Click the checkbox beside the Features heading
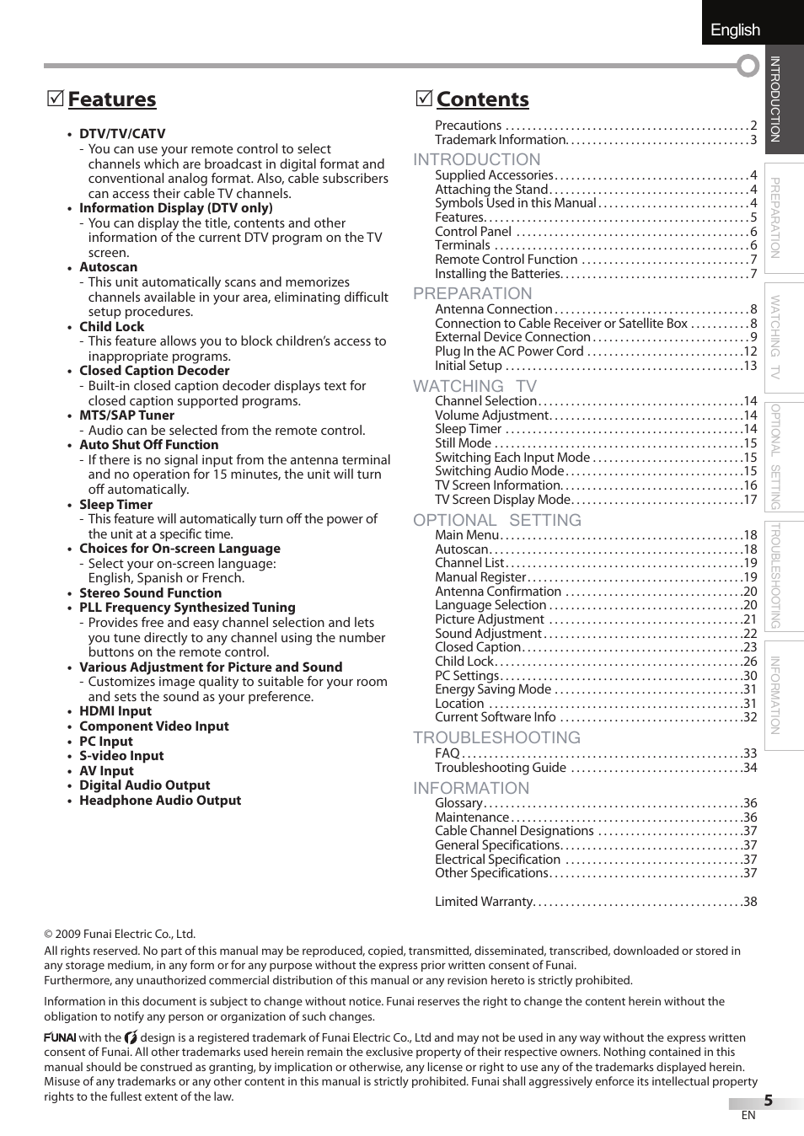[x=55, y=99]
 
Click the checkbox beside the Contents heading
[x=424, y=99]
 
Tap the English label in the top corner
[x=735, y=29]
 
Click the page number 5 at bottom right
[x=768, y=1101]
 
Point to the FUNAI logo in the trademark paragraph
[x=60, y=1038]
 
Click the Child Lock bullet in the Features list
[x=111, y=327]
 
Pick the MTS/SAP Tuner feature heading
[x=126, y=415]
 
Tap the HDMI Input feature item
[x=115, y=711]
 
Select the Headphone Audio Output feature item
[x=160, y=801]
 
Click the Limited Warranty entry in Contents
[x=484, y=902]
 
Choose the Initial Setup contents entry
[x=468, y=366]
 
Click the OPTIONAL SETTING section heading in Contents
[x=497, y=520]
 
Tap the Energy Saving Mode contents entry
[x=493, y=689]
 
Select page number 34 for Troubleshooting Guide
[x=749, y=768]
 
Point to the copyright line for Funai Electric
[x=120, y=934]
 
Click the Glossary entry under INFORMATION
[x=458, y=803]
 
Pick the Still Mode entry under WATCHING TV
[x=463, y=443]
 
